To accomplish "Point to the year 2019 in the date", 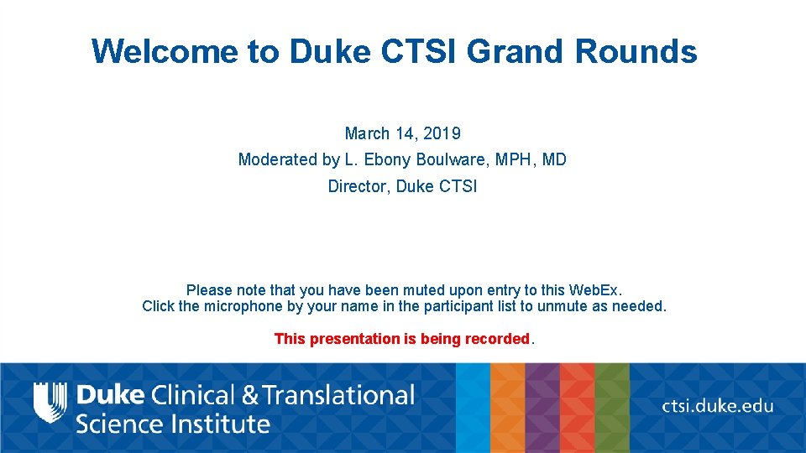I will pos(442,133).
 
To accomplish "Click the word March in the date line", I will pos(367,133).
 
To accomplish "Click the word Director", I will pos(358,186).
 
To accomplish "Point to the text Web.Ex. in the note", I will pos(595,290).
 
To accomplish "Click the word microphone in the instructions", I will pos(243,306).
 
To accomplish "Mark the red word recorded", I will pos(498,339).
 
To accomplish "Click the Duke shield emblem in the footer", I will pos(50,402).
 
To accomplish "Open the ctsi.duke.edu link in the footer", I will pos(718,406).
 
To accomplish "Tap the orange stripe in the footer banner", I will pos(507,408).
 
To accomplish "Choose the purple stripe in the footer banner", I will pos(542,408).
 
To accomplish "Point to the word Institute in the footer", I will pos(221,423).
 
